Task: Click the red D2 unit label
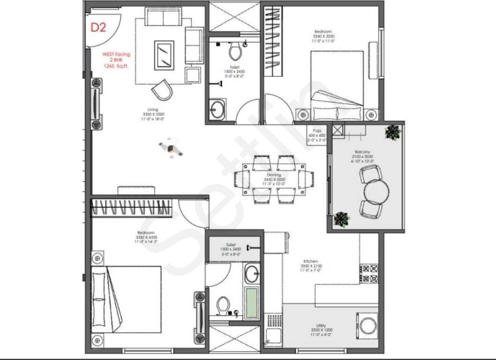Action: [98, 28]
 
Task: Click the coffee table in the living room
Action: [164, 55]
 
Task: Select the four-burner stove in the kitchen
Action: [368, 274]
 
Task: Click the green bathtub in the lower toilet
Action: [251, 303]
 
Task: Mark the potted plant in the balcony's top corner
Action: [393, 132]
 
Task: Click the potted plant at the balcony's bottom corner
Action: [341, 219]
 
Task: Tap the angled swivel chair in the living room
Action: [162, 90]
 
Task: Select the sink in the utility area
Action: [273, 338]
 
